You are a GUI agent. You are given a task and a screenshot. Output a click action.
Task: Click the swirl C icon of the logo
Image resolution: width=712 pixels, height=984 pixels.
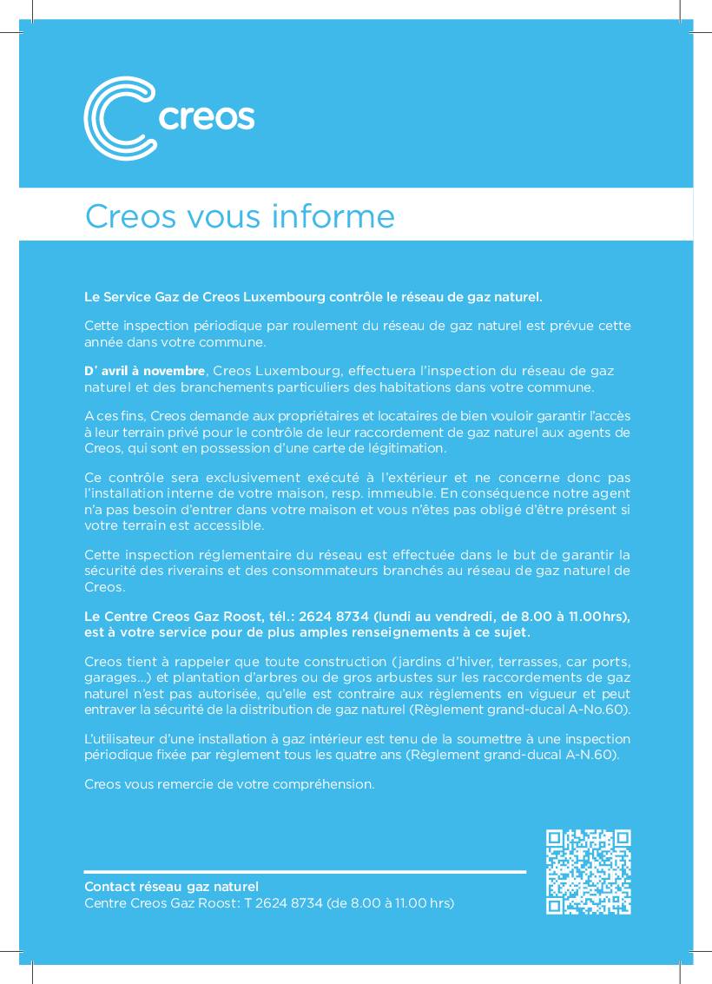point(119,118)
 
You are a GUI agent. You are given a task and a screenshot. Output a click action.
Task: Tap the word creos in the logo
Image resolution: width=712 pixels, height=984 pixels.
point(207,117)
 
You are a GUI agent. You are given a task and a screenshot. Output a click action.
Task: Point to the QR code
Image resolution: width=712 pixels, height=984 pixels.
point(588,872)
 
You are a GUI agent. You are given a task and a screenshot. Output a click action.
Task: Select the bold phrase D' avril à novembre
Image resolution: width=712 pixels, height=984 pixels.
point(145,371)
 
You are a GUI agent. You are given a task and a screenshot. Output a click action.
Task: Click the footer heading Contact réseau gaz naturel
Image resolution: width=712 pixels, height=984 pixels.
point(171,887)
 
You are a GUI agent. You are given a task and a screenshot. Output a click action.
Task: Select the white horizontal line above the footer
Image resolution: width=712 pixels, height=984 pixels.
point(305,871)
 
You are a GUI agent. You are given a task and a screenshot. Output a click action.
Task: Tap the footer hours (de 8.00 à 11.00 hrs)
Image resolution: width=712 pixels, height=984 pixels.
point(390,903)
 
